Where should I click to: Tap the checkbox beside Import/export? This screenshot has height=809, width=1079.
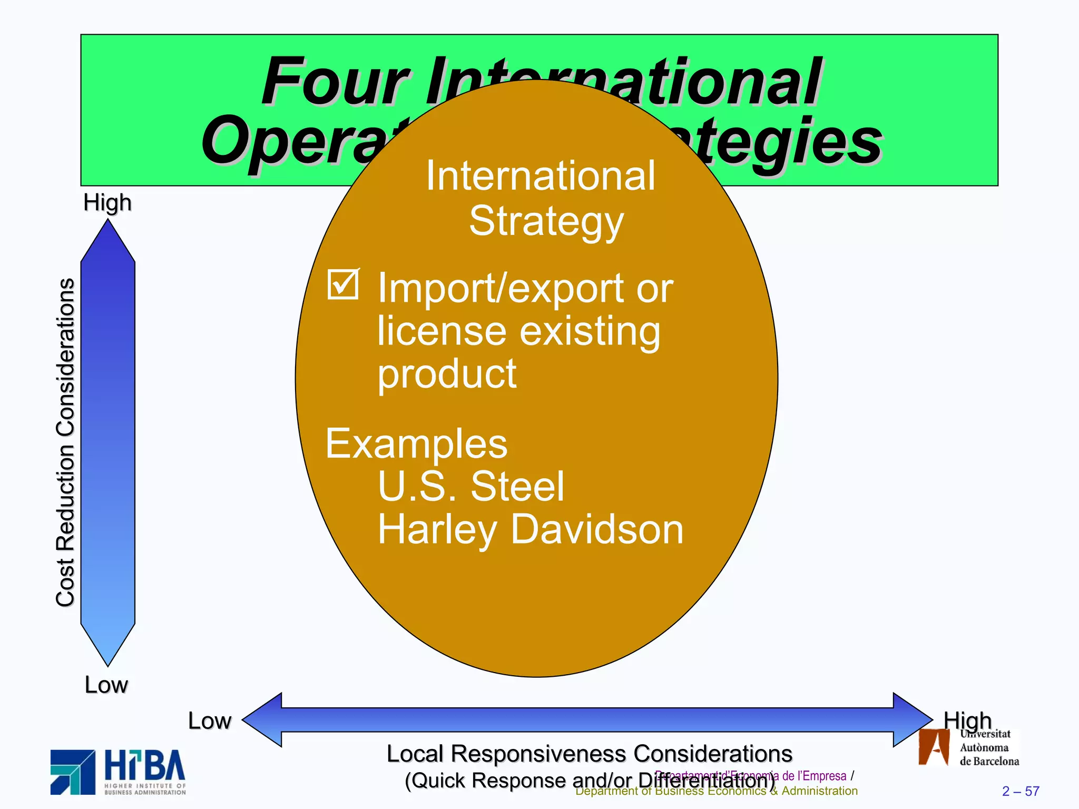click(x=343, y=284)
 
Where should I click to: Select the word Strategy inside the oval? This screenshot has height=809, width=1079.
click(x=546, y=221)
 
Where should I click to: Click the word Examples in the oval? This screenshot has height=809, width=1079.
click(x=416, y=444)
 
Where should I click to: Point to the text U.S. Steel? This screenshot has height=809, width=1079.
click(x=471, y=486)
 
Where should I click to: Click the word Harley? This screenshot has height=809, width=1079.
click(x=437, y=530)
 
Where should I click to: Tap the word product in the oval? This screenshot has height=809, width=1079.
click(x=447, y=374)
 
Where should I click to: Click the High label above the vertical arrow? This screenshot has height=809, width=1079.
click(x=107, y=203)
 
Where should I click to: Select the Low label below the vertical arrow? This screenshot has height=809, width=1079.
click(x=106, y=685)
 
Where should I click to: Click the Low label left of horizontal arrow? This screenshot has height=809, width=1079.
click(x=209, y=721)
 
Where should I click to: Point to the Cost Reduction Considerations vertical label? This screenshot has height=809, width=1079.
click(x=65, y=442)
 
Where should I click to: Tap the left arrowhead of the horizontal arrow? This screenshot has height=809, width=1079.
click(x=262, y=719)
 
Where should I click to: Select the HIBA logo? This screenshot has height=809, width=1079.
click(x=118, y=772)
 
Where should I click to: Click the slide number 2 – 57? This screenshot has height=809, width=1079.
click(x=1021, y=791)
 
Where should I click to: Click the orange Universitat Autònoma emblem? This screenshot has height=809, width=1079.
click(x=933, y=747)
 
